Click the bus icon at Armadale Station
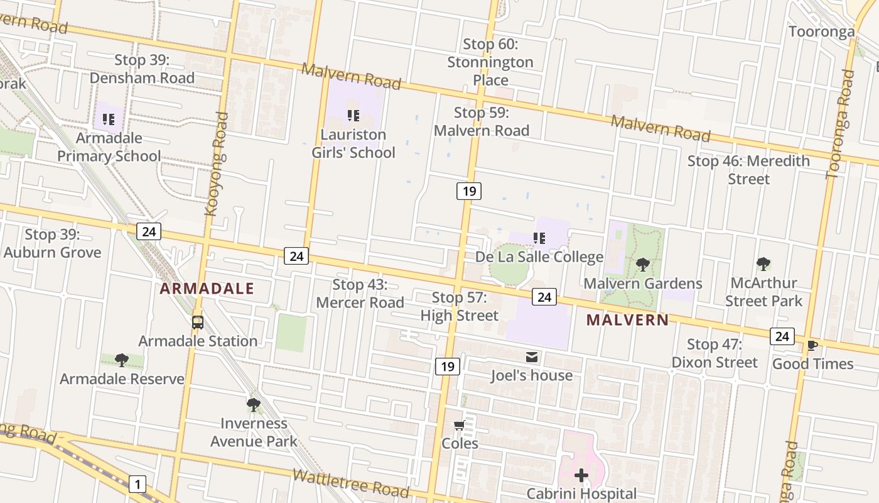(x=198, y=323)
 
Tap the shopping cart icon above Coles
(x=460, y=426)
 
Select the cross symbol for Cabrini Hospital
(x=581, y=475)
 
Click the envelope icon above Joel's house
(x=532, y=357)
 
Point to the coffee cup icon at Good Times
(x=812, y=345)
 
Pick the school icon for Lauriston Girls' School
(x=353, y=116)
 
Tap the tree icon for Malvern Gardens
(x=642, y=265)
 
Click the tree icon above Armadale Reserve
(x=122, y=360)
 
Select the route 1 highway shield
(x=137, y=484)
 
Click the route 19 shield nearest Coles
(x=447, y=366)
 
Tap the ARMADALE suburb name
(x=207, y=289)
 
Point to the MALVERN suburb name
(x=627, y=319)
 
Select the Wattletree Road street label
(x=351, y=483)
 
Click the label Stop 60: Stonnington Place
(x=490, y=62)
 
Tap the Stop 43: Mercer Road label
(x=360, y=294)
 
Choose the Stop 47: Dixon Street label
(x=715, y=353)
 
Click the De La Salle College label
(x=539, y=257)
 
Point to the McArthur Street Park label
(x=763, y=292)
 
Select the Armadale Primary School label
(x=109, y=147)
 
